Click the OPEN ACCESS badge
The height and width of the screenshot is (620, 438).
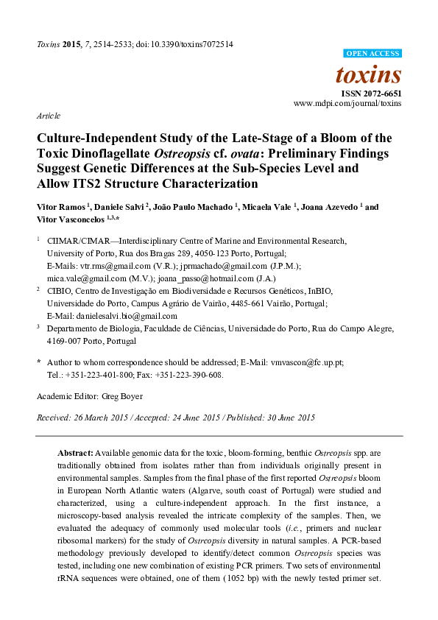tap(373, 54)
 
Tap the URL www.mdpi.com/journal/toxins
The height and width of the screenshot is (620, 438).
tap(347, 105)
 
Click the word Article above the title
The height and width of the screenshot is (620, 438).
tap(48, 116)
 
